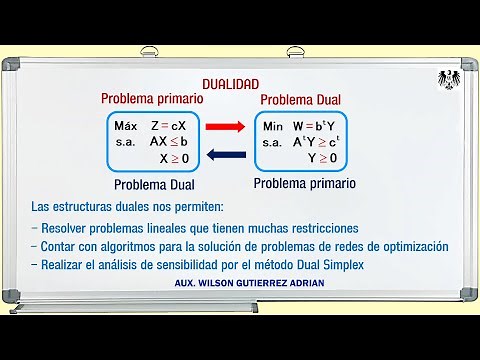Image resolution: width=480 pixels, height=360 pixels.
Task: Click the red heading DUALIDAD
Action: (230, 85)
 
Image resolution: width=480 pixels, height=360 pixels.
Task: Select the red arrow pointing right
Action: (230, 127)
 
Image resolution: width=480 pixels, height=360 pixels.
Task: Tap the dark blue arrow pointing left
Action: (230, 154)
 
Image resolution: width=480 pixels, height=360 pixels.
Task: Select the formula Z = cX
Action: (169, 126)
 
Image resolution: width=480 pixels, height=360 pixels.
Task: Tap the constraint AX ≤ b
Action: (169, 142)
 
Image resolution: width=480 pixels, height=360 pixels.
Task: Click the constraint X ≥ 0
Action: (174, 158)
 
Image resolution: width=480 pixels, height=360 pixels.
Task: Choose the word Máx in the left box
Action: (125, 126)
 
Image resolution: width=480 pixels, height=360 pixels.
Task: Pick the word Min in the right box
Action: (273, 127)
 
